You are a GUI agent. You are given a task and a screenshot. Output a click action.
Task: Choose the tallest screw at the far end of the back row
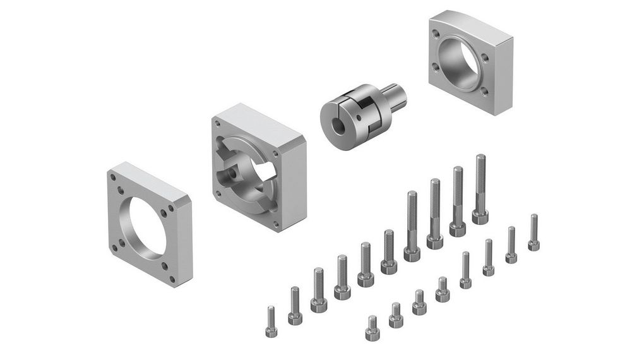coord(480,189)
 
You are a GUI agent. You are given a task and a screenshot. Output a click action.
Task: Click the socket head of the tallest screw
coord(480,217)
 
